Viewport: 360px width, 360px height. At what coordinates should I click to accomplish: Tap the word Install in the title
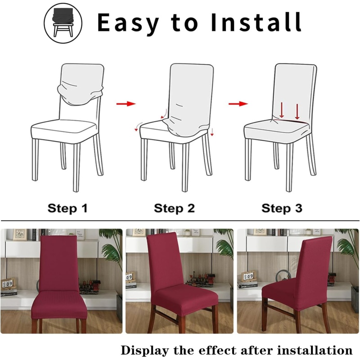click(256, 22)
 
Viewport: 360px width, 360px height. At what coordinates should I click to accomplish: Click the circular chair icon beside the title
click(63, 23)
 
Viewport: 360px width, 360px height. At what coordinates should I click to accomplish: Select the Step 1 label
click(67, 208)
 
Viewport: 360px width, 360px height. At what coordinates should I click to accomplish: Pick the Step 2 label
click(174, 208)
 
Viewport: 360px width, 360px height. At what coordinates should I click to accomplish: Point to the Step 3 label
click(282, 208)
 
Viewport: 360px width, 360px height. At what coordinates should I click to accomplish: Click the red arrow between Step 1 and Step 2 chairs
click(126, 104)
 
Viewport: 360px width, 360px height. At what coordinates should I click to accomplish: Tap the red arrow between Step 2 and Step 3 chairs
click(238, 104)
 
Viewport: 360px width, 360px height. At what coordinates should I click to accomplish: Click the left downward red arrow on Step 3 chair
click(282, 111)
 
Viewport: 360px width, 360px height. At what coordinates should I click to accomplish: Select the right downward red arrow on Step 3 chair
click(297, 112)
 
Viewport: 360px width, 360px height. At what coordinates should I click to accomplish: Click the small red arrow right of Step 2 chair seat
click(212, 132)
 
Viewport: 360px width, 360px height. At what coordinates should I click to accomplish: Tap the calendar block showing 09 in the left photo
click(8, 284)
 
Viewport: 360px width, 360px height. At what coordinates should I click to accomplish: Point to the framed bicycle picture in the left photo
click(20, 234)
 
